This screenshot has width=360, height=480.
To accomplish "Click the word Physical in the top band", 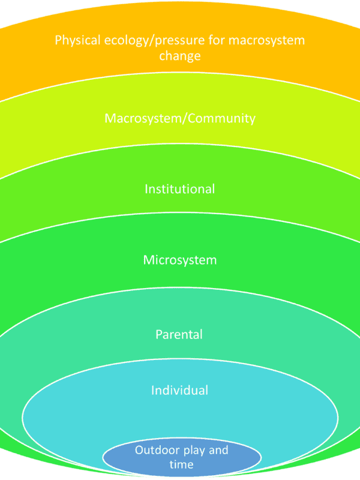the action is [78, 41].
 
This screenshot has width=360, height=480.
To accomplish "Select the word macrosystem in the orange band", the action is [266, 41].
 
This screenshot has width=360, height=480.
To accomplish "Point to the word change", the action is [180, 56].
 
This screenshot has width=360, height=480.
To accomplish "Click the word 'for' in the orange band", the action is [217, 40].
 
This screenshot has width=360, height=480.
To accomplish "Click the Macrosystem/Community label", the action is [180, 118].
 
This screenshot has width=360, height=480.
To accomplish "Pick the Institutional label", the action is [179, 189].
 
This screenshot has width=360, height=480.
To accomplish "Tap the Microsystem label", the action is [180, 260].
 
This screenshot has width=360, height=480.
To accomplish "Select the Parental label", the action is [179, 334].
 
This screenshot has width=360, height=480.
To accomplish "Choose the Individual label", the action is [179, 391].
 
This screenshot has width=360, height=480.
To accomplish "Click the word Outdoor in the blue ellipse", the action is [157, 450].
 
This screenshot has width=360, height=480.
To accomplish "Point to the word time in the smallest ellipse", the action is [181, 464].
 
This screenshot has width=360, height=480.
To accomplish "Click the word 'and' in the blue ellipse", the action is [218, 450].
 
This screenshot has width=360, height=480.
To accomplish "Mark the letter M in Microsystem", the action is [149, 260].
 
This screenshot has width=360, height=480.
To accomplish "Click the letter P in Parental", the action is [159, 335].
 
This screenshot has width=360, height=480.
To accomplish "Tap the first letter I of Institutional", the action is [146, 189].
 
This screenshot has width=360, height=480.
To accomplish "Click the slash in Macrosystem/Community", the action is [184, 119].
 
